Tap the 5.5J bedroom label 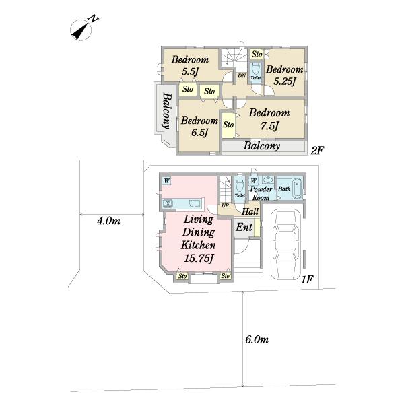(190, 65)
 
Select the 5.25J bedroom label (284, 75)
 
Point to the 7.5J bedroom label (269, 119)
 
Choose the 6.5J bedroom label (199, 127)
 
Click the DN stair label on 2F (242, 75)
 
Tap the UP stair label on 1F (225, 205)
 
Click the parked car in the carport (285, 245)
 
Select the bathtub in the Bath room (297, 188)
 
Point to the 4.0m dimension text (108, 221)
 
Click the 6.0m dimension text (257, 339)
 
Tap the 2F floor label (317, 150)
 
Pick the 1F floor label (307, 279)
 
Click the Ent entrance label (244, 228)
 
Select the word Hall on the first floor (250, 212)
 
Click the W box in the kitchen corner (167, 181)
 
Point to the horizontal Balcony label (261, 146)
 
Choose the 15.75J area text (199, 259)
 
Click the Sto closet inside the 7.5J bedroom (228, 125)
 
